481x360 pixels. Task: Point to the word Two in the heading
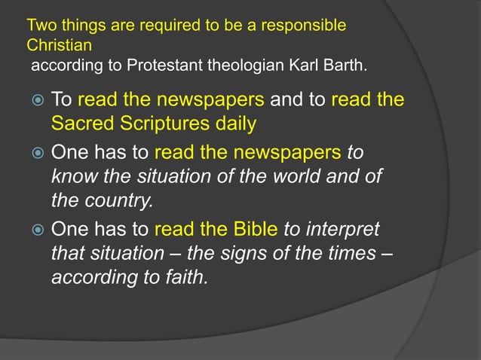[x=38, y=26]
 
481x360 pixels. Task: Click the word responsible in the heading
[x=308, y=26]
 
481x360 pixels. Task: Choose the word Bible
[x=252, y=228]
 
